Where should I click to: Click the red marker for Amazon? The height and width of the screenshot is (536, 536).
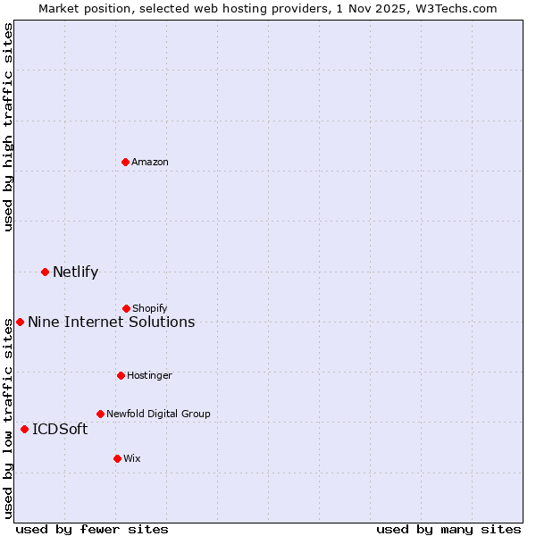tap(125, 162)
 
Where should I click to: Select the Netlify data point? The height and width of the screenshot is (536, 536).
tap(45, 272)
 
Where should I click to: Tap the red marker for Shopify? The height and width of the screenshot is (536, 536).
tap(126, 308)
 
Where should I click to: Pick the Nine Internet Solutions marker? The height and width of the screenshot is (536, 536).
tap(20, 322)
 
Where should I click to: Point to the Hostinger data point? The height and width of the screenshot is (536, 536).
tap(121, 375)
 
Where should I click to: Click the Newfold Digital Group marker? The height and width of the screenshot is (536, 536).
tap(100, 414)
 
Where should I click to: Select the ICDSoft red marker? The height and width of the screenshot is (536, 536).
tap(24, 429)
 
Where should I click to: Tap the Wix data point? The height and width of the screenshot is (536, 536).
tap(117, 458)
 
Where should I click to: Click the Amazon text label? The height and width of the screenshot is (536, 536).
tap(150, 162)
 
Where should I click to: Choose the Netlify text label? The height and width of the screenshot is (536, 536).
tap(75, 272)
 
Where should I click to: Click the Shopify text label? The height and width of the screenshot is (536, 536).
tap(150, 308)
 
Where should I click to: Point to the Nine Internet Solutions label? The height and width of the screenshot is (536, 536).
tap(111, 322)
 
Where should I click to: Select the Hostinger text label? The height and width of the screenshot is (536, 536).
tap(149, 375)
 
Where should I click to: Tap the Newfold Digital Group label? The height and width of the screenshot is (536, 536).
tap(158, 414)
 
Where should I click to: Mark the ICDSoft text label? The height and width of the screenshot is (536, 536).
tap(60, 429)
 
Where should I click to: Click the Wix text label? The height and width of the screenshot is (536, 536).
tap(132, 458)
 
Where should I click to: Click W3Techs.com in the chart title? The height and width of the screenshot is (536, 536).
tap(455, 8)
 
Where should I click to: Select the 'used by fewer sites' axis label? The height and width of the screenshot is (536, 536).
tap(92, 529)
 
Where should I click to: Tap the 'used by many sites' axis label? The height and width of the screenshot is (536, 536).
tap(448, 529)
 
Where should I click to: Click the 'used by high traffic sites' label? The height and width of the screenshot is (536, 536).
tap(8, 128)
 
